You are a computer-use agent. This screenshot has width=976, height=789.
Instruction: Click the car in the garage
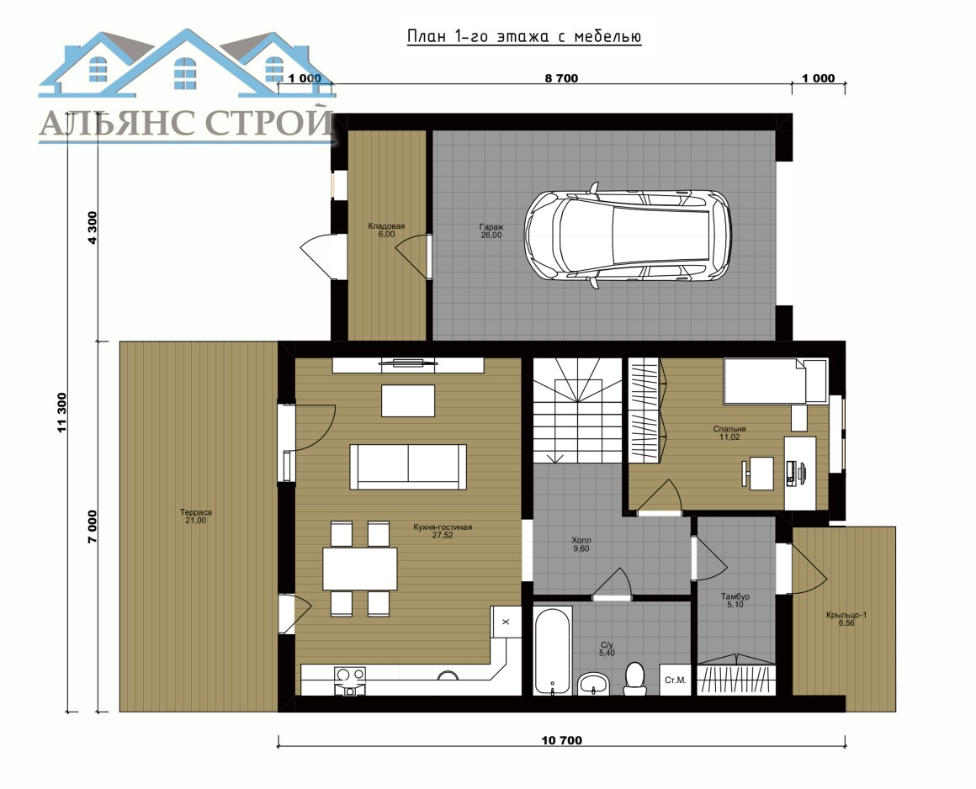point(628,236)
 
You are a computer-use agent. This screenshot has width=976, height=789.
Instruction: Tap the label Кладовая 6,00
point(386,230)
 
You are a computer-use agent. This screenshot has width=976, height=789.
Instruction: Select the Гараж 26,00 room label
point(491,231)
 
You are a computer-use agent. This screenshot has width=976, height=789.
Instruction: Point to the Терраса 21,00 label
point(195,516)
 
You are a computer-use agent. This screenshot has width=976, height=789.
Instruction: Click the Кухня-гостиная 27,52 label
point(443,531)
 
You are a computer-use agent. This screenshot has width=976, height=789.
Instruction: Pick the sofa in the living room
point(408,467)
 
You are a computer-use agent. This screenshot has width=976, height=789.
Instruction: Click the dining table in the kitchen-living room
point(360,569)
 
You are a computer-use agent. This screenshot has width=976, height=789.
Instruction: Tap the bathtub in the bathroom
point(553,651)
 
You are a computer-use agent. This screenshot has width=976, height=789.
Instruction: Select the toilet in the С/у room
point(634,678)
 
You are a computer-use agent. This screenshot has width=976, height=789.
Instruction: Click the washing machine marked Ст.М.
point(675,680)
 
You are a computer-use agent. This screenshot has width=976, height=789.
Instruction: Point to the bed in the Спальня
point(775,381)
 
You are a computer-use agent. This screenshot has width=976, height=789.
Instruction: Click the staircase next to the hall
point(577,410)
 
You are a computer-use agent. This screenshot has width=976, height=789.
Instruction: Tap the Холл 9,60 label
point(581,544)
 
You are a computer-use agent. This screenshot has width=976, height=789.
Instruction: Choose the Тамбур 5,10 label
point(735,601)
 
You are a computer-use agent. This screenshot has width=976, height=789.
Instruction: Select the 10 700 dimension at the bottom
point(561,740)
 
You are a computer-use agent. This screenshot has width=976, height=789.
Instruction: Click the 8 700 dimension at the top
point(561,78)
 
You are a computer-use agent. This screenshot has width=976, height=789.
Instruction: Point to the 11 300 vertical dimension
point(61,412)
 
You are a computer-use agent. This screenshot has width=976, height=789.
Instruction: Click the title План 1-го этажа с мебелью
point(524,37)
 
